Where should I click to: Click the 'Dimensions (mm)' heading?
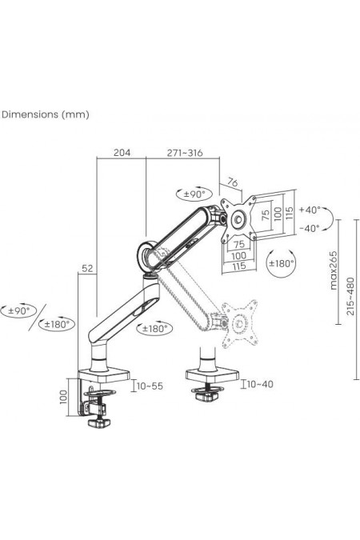(46, 114)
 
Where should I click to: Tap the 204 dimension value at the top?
(122, 152)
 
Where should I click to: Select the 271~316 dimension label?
(185, 153)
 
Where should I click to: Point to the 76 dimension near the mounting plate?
(234, 182)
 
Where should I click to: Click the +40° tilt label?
(310, 210)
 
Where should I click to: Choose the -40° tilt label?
(310, 228)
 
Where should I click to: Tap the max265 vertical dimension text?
(334, 270)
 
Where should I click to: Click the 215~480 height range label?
(350, 296)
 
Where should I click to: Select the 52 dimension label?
(87, 268)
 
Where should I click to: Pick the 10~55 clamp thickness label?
(150, 386)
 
